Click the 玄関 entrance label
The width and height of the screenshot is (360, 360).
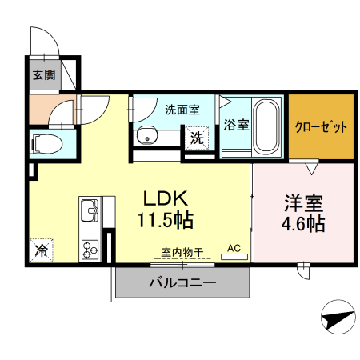click(x=44, y=76)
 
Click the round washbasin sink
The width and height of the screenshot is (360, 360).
click(x=146, y=137)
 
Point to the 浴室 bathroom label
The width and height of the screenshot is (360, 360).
click(x=236, y=125)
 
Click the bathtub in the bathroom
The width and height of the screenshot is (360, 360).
click(x=265, y=127)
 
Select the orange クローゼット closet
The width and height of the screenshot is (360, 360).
click(x=321, y=126)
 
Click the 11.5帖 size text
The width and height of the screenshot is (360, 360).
click(x=166, y=218)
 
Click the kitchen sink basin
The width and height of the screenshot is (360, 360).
click(x=89, y=213)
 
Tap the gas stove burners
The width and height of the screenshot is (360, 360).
click(x=90, y=248)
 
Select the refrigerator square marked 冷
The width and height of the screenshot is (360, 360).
click(x=40, y=249)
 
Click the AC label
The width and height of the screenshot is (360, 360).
click(x=234, y=249)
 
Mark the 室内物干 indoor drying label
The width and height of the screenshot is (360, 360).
click(x=183, y=252)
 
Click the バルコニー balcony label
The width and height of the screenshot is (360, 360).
click(x=182, y=282)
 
